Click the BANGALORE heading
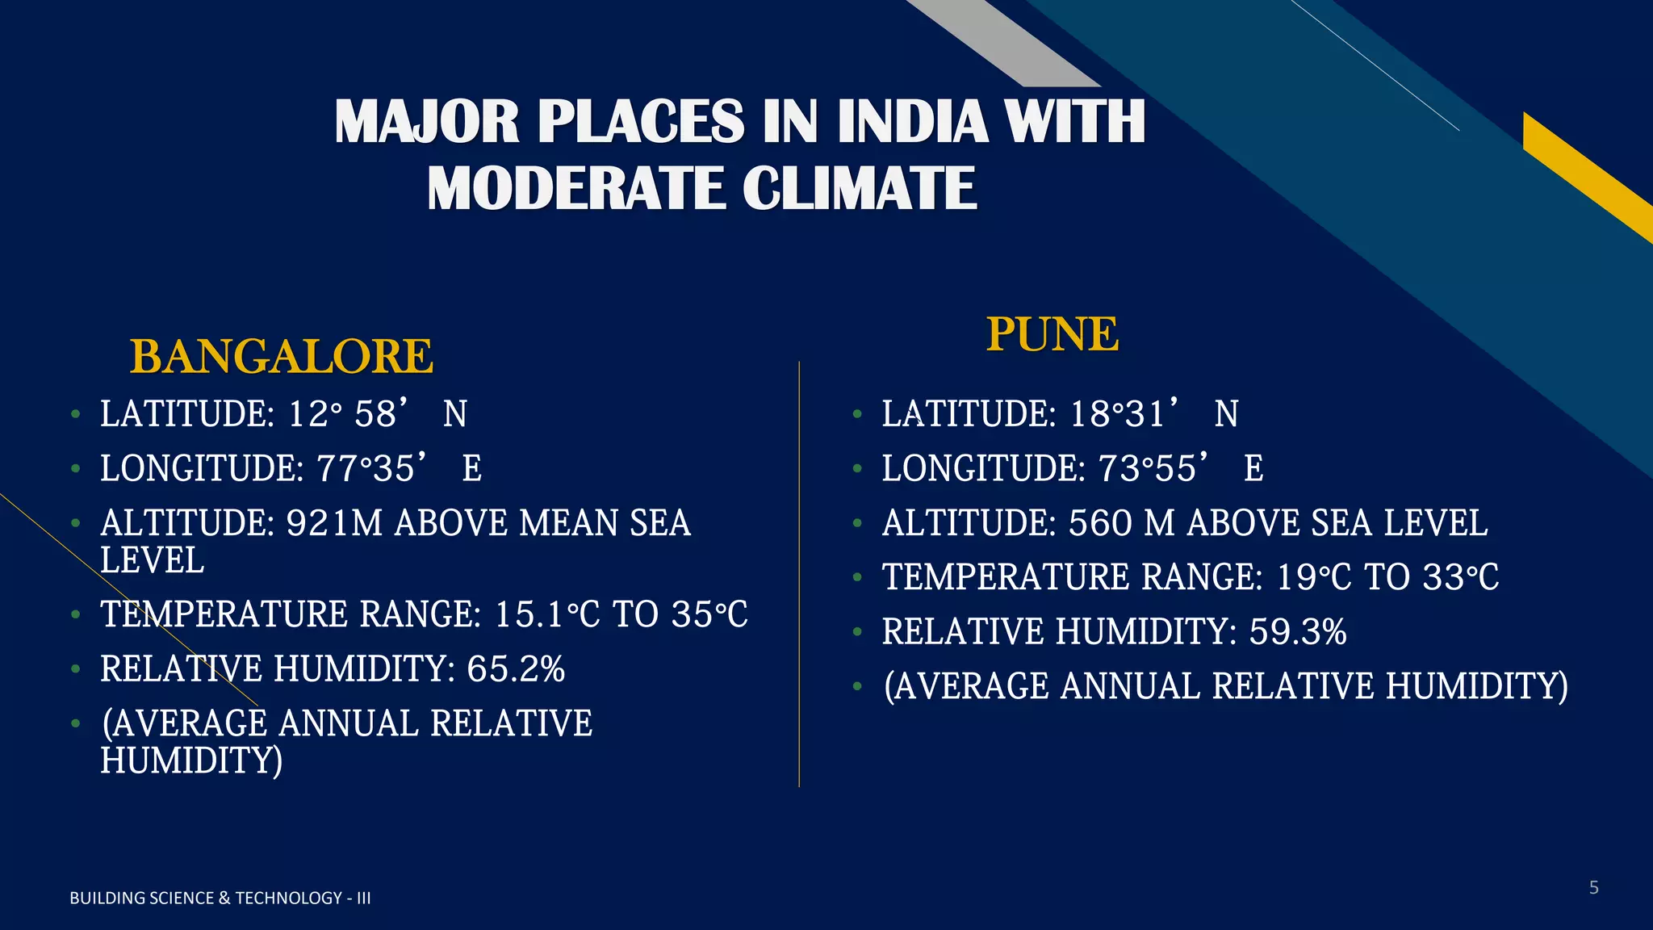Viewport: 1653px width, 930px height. point(282,357)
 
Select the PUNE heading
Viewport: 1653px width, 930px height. point(1052,334)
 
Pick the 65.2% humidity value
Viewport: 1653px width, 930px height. point(516,669)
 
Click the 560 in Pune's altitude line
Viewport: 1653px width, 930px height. point(1101,523)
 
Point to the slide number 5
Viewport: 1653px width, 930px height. point(1593,888)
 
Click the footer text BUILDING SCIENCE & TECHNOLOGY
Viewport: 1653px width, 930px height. point(220,898)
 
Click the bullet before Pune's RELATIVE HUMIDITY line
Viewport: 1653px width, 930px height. point(857,632)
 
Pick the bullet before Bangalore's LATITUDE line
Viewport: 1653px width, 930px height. point(75,415)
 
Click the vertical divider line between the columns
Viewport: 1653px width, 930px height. point(799,573)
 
